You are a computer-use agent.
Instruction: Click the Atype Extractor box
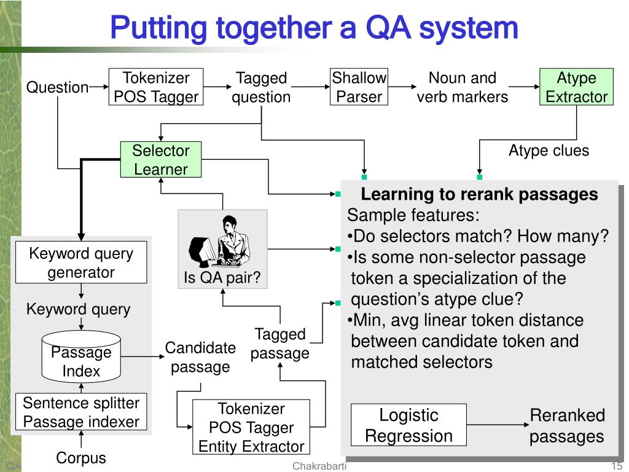[x=576, y=87]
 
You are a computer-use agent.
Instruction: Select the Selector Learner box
[x=161, y=159]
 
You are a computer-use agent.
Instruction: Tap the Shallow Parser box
[x=359, y=87]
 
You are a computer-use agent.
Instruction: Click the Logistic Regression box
[x=408, y=425]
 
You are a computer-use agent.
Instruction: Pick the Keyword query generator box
[x=81, y=262]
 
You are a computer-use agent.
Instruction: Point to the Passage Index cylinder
[x=81, y=356]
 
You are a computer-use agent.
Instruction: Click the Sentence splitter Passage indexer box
[x=81, y=412]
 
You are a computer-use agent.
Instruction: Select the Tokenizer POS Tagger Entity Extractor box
[x=251, y=427]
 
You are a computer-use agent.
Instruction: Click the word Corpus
[x=81, y=458]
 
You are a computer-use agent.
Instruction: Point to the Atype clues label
[x=549, y=151]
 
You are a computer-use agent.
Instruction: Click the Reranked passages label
[x=567, y=426]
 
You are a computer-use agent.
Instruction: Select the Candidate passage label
[x=200, y=357]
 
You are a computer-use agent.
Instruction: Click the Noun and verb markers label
[x=462, y=87]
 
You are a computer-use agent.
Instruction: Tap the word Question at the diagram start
[x=57, y=87]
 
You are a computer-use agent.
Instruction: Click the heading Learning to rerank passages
[x=479, y=194]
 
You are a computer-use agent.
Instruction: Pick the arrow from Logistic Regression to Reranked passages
[x=498, y=425]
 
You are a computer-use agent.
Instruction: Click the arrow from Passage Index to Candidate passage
[x=143, y=356]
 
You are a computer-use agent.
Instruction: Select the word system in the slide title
[x=468, y=28]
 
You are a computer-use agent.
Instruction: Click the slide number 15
[x=616, y=466]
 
